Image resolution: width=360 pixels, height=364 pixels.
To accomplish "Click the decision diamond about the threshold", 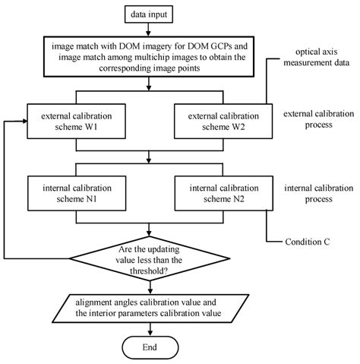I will pos(155,261).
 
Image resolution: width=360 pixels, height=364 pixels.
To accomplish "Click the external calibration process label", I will pos(317,119).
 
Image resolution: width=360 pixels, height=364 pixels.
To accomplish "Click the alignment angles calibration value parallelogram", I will pos(155,306).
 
